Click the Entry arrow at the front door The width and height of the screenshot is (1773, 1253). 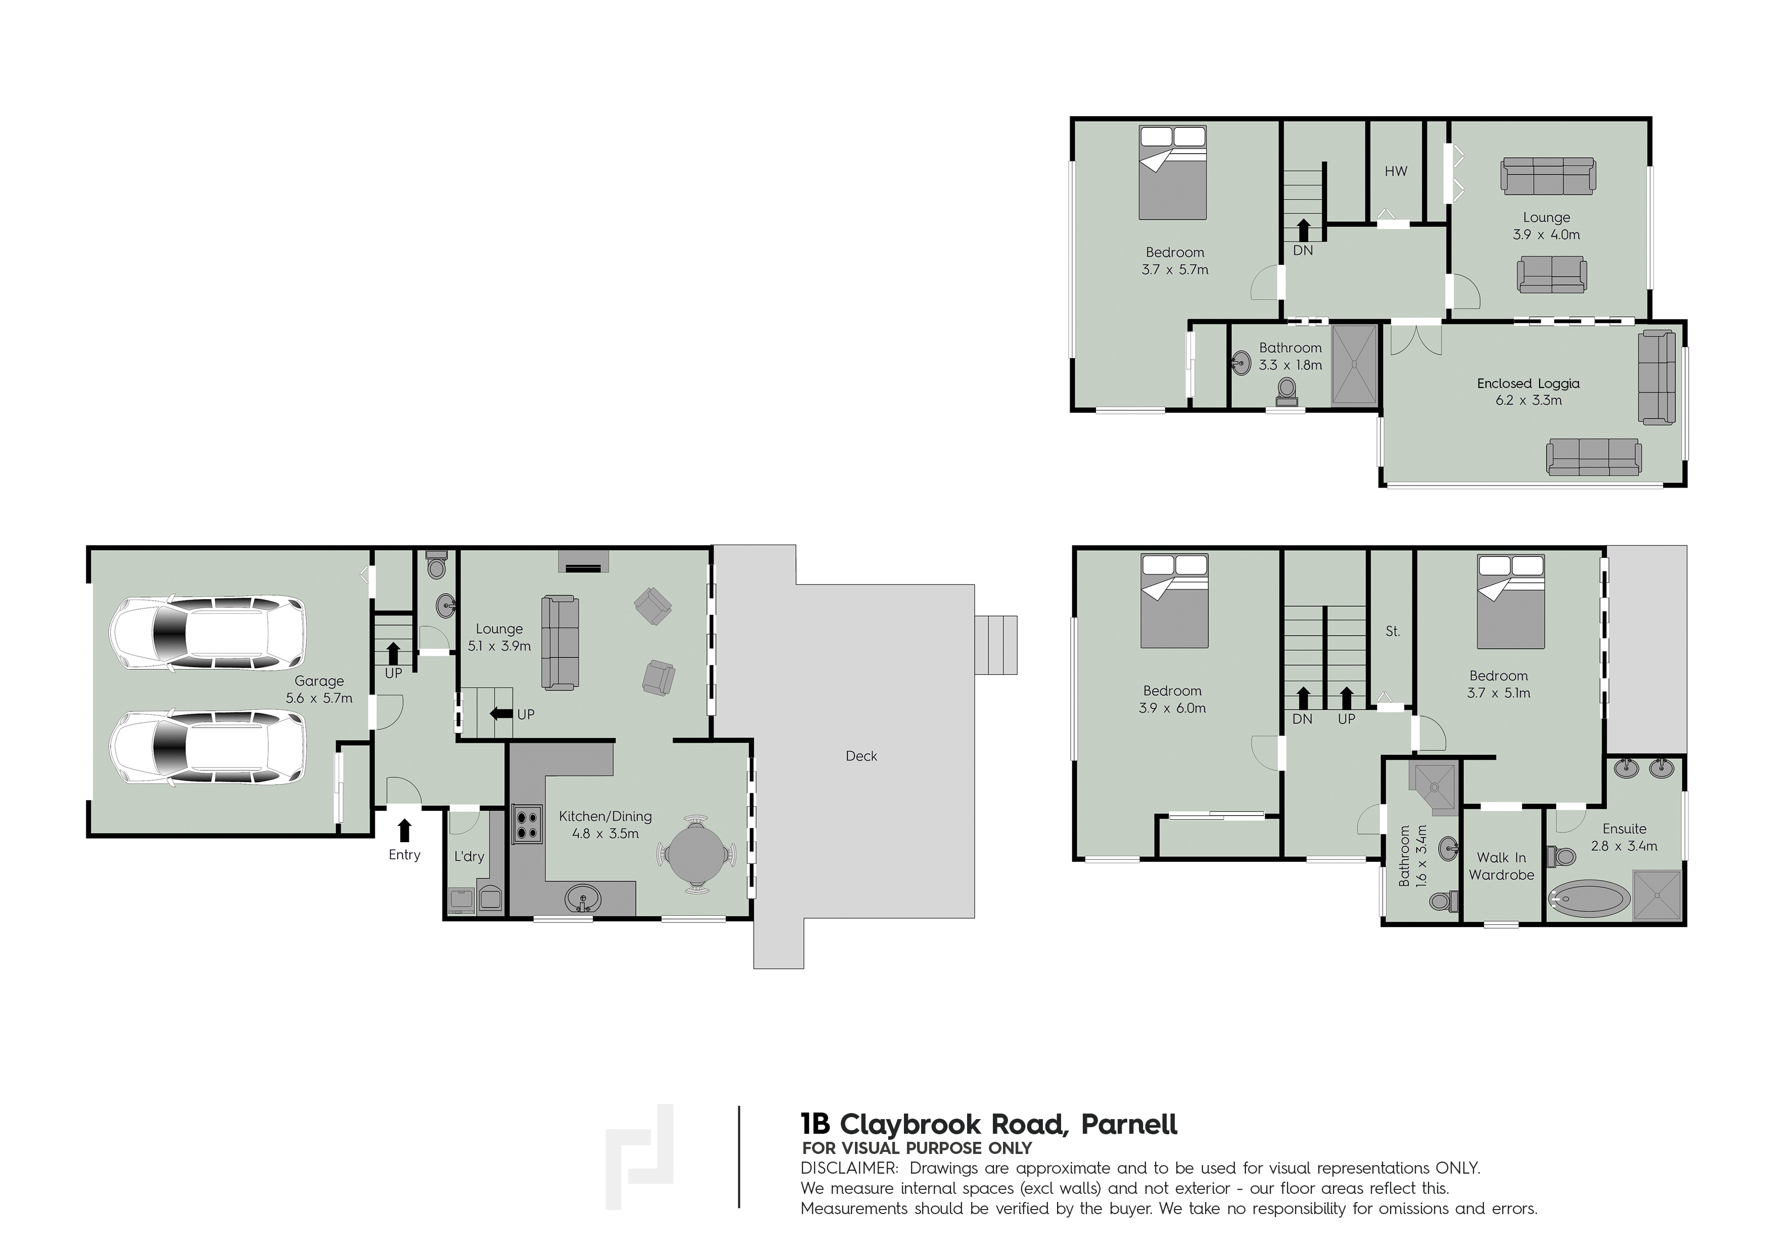[404, 830]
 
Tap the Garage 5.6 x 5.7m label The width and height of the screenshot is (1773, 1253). [319, 690]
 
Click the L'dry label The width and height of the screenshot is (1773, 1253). [469, 856]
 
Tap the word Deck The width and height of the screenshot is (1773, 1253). [861, 756]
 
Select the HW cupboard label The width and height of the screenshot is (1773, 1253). [1396, 171]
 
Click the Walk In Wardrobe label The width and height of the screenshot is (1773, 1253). [1501, 866]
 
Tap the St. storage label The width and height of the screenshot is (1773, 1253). [1393, 631]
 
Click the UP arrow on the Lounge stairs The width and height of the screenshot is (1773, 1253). [502, 713]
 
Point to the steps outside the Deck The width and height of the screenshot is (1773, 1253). [996, 645]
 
